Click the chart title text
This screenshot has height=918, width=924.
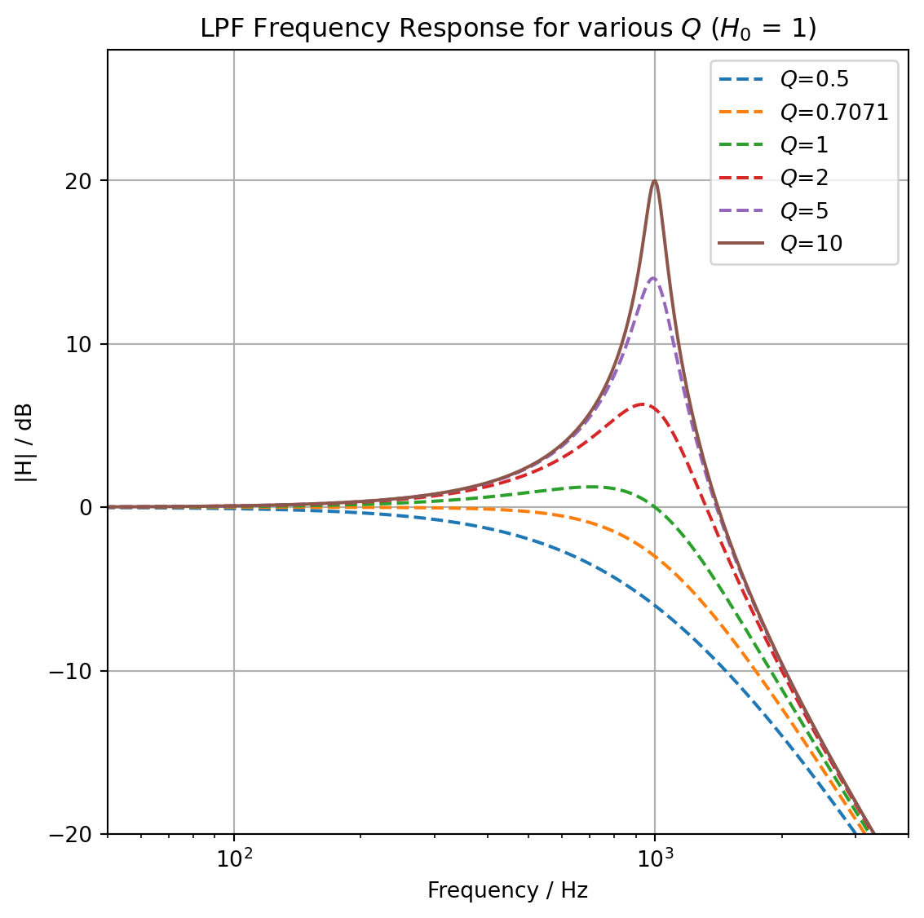(x=508, y=29)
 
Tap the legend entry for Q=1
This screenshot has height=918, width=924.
(x=804, y=145)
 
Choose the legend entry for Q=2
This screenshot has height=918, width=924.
(x=804, y=178)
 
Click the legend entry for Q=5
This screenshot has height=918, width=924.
(x=804, y=211)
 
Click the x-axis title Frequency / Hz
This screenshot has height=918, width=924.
(x=507, y=890)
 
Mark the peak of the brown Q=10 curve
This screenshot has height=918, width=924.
(x=654, y=181)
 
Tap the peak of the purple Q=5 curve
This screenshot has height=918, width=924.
(x=653, y=278)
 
